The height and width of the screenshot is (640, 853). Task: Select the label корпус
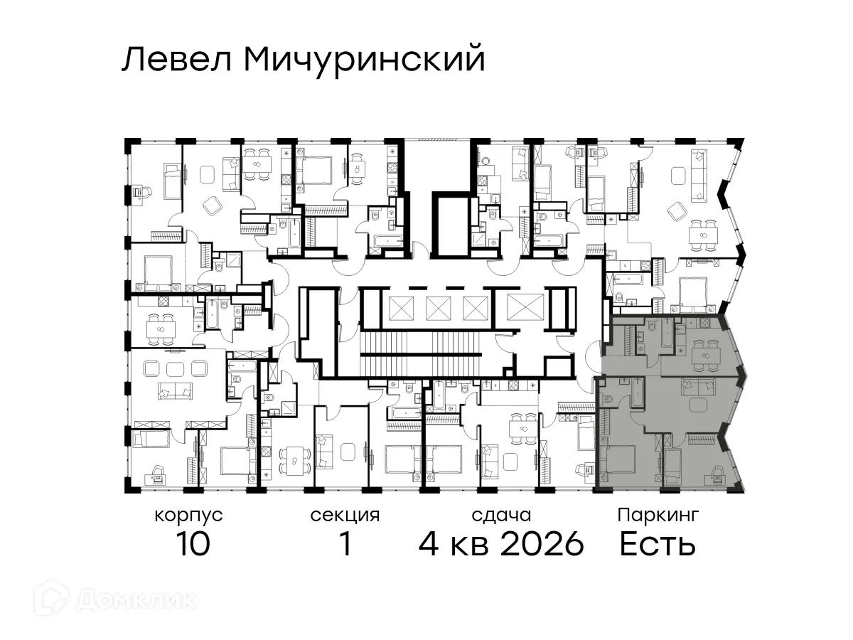tap(188, 515)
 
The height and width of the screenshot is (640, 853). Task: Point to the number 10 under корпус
tap(192, 545)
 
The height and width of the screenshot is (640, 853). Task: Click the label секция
tap(345, 515)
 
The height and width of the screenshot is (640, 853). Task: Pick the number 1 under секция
tap(345, 545)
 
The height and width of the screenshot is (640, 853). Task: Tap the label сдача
tap(501, 515)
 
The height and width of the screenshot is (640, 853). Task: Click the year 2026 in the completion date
tap(542, 545)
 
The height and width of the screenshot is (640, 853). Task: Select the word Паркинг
tap(658, 515)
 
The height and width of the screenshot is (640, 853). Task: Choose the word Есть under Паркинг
tap(657, 545)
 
